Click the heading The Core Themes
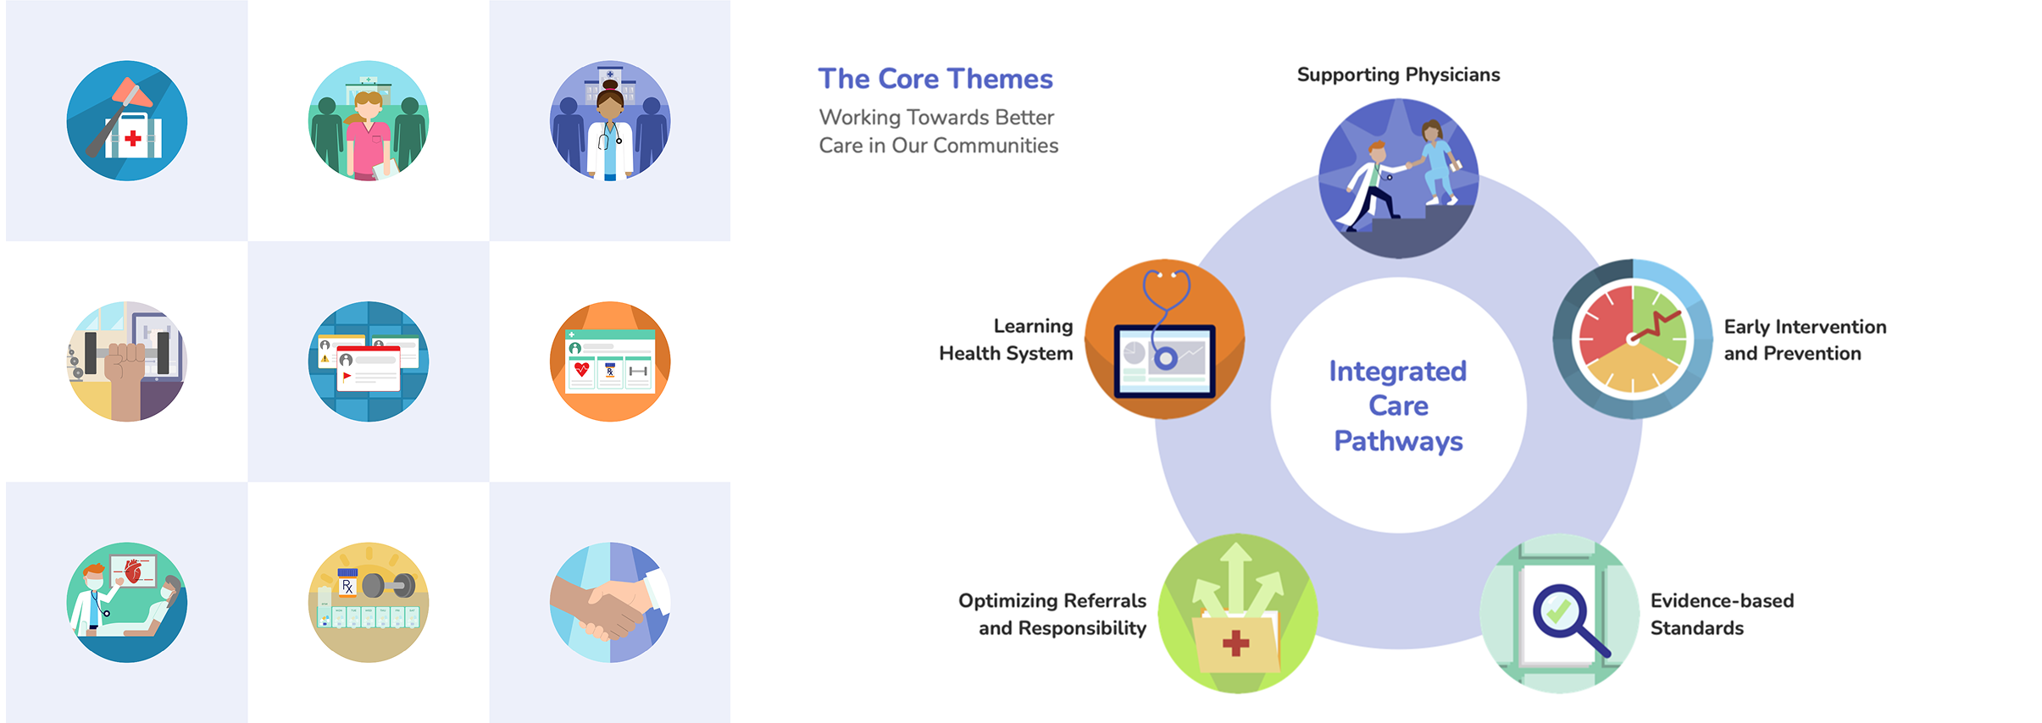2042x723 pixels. tap(935, 79)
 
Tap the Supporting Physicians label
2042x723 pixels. tap(1398, 75)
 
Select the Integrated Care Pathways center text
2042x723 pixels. tap(1398, 406)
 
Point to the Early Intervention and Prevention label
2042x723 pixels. tap(1805, 339)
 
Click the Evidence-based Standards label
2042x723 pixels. tap(1722, 614)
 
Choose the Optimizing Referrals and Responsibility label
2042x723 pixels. tap(1052, 614)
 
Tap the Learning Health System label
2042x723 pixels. tap(1006, 339)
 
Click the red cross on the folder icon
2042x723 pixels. tap(1235, 643)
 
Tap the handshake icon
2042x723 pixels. tap(610, 603)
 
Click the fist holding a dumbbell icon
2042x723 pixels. tap(127, 361)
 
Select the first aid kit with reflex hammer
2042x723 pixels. tap(127, 120)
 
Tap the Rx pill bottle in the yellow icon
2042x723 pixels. tap(347, 584)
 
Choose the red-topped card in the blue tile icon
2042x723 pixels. tap(368, 368)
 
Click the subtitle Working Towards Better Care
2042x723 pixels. tap(938, 131)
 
